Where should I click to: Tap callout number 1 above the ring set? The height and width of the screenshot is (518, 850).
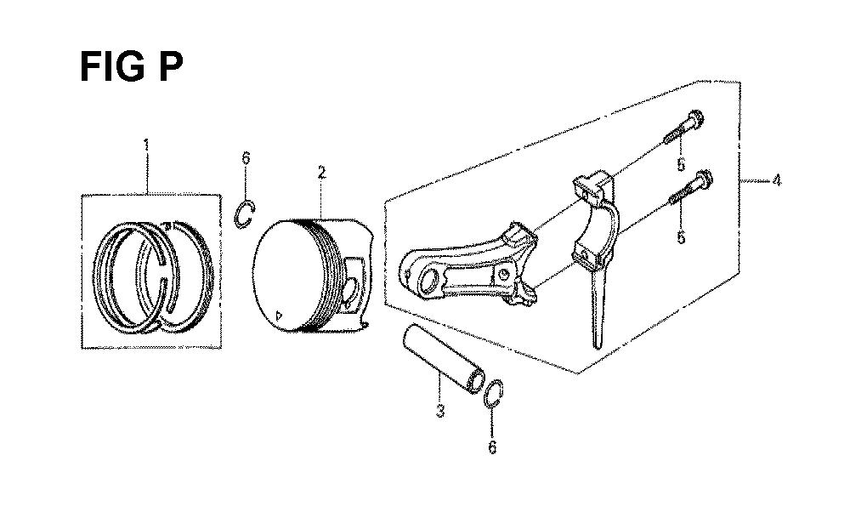(146, 145)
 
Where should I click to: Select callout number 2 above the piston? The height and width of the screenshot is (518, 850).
(322, 173)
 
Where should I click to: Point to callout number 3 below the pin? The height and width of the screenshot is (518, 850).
(440, 411)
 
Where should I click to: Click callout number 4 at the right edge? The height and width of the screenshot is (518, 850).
(777, 180)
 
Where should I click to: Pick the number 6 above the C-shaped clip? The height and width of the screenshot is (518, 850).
(246, 158)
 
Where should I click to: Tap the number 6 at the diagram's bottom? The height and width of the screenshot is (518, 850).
(492, 447)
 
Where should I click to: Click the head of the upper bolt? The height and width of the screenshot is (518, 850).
(695, 117)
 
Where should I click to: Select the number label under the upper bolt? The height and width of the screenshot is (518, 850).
(682, 164)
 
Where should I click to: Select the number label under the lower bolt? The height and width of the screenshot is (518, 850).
(682, 237)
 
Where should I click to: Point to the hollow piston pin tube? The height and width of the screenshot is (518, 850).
(444, 359)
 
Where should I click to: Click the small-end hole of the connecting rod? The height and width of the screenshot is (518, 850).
(429, 281)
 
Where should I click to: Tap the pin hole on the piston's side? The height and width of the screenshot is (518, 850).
(351, 292)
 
